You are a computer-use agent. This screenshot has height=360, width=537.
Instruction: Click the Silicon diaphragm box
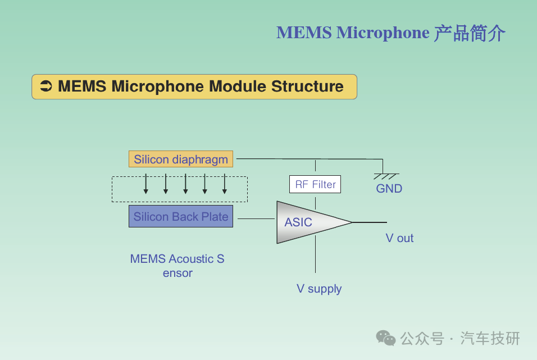[181, 160]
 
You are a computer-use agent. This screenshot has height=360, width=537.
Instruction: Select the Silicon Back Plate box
[181, 217]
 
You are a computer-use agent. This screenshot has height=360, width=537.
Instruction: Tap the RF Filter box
[315, 184]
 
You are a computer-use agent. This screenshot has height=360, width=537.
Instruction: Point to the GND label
[389, 189]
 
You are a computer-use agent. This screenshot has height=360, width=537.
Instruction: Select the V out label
[399, 238]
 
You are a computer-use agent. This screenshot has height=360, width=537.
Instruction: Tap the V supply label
[319, 289]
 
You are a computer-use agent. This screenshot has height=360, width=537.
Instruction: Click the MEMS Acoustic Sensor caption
[178, 266]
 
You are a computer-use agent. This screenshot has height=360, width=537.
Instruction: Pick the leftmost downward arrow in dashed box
[146, 184]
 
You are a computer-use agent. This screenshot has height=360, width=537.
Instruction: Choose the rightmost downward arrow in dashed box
[225, 184]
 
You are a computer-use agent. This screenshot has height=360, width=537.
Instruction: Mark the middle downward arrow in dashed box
[185, 184]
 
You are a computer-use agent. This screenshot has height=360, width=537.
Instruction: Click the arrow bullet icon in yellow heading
[46, 86]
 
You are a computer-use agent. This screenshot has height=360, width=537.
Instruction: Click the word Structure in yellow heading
[307, 86]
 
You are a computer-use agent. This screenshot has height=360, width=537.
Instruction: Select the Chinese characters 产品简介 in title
[470, 33]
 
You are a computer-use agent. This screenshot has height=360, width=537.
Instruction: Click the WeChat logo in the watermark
[386, 338]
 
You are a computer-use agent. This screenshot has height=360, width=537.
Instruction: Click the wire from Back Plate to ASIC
[254, 218]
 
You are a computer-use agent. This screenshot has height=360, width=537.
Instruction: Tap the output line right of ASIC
[370, 222]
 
